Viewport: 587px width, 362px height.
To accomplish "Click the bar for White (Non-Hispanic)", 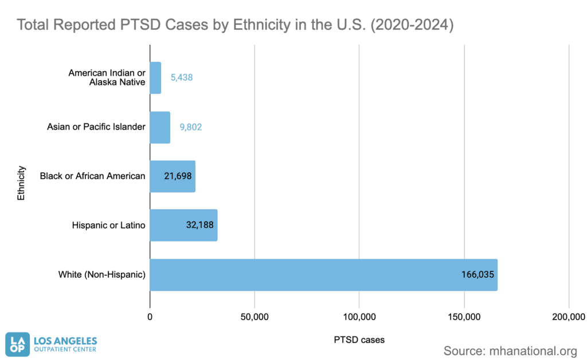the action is pyautogui.click(x=324, y=275).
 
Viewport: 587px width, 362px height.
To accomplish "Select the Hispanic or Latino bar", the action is pyautogui.click(x=184, y=225).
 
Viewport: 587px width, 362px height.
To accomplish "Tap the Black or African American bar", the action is pyautogui.click(x=173, y=177).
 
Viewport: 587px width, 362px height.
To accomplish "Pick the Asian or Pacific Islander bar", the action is pyautogui.click(x=161, y=127).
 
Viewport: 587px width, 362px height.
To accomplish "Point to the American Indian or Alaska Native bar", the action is pyautogui.click(x=156, y=78).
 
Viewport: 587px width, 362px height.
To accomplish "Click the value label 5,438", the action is pyautogui.click(x=182, y=77).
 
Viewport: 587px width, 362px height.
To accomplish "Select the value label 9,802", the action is pyautogui.click(x=191, y=127).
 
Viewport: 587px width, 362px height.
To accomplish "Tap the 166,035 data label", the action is pyautogui.click(x=478, y=275).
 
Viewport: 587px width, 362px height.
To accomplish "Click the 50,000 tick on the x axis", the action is pyautogui.click(x=255, y=317).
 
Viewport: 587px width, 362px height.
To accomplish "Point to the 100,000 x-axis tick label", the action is pyautogui.click(x=359, y=317).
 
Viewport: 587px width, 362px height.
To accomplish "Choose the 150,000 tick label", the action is pyautogui.click(x=464, y=317).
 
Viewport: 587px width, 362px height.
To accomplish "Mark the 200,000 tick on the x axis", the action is pyautogui.click(x=569, y=317).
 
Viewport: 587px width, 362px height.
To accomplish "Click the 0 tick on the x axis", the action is pyautogui.click(x=150, y=317).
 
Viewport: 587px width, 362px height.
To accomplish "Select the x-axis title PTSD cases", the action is pyautogui.click(x=359, y=340).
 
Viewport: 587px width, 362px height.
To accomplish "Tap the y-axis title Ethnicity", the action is pyautogui.click(x=21, y=183).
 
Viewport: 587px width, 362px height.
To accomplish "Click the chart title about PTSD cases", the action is pyautogui.click(x=235, y=25).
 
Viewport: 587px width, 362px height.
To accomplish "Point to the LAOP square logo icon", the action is pyautogui.click(x=18, y=344).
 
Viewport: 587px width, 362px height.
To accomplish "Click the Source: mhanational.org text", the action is pyautogui.click(x=510, y=351).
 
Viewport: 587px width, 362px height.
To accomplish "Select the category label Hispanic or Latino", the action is pyautogui.click(x=108, y=225).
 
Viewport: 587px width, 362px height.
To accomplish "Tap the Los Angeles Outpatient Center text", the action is pyautogui.click(x=65, y=344).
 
